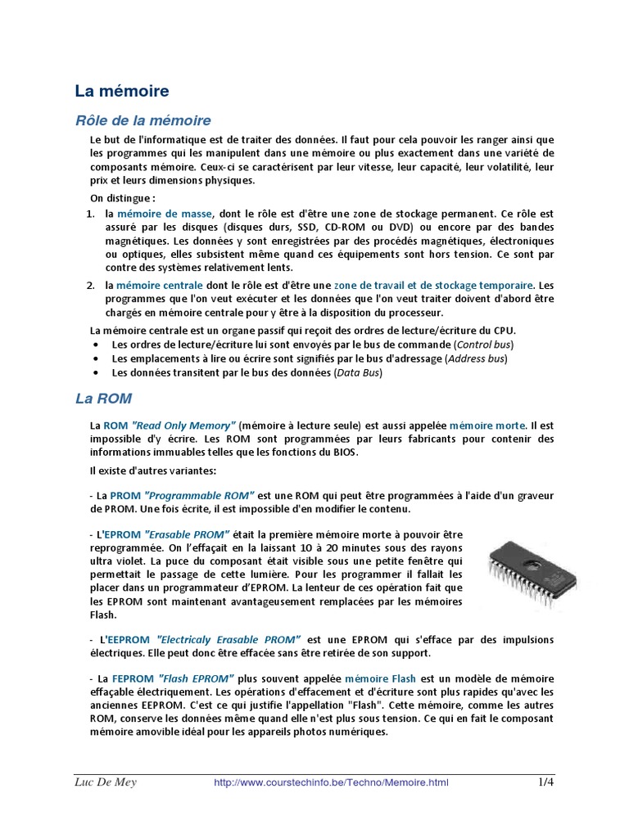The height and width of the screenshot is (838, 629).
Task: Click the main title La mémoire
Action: (122, 90)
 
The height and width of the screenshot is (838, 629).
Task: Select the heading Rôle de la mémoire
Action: (143, 120)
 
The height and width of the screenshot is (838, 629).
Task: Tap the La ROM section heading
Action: (103, 399)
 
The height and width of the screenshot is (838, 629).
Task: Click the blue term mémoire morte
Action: (487, 426)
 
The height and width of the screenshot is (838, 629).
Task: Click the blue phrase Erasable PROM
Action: (192, 534)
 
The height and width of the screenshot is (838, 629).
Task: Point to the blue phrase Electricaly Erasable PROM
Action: (228, 638)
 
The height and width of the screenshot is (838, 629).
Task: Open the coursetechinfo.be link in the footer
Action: (331, 783)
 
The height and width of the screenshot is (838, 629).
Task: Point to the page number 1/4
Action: (545, 782)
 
